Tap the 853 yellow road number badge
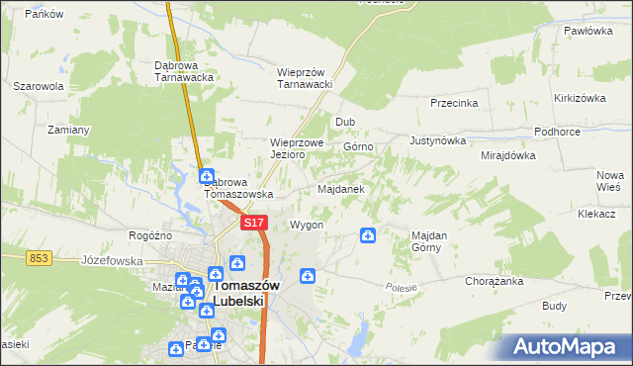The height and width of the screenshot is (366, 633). (39, 257)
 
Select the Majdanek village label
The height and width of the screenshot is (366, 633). (341, 188)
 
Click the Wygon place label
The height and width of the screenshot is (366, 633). (307, 226)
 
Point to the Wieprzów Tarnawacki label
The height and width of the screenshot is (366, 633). (305, 78)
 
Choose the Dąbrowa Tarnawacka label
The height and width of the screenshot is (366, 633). (185, 71)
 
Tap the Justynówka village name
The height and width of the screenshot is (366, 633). (436, 140)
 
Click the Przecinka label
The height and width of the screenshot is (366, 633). (455, 103)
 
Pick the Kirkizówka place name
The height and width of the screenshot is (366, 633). (580, 98)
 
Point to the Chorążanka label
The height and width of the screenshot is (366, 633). (494, 281)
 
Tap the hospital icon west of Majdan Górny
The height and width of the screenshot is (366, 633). (367, 235)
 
